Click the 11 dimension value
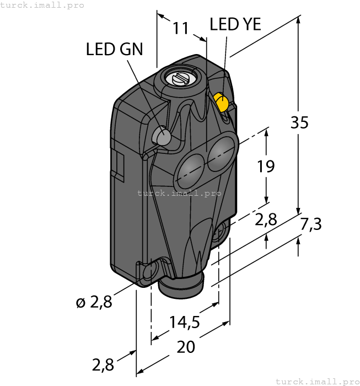[180, 28]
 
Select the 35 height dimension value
[299, 122]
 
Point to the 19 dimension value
[266, 165]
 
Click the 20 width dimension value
[187, 347]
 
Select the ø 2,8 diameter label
[94, 302]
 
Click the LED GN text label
[114, 49]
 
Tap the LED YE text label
[235, 25]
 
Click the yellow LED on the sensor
[222, 103]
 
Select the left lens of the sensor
[187, 165]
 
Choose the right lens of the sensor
[221, 148]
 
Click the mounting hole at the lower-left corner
[148, 272]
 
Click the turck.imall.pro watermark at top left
[42, 5]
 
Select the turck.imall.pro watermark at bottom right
[316, 381]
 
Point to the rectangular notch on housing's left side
[117, 164]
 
